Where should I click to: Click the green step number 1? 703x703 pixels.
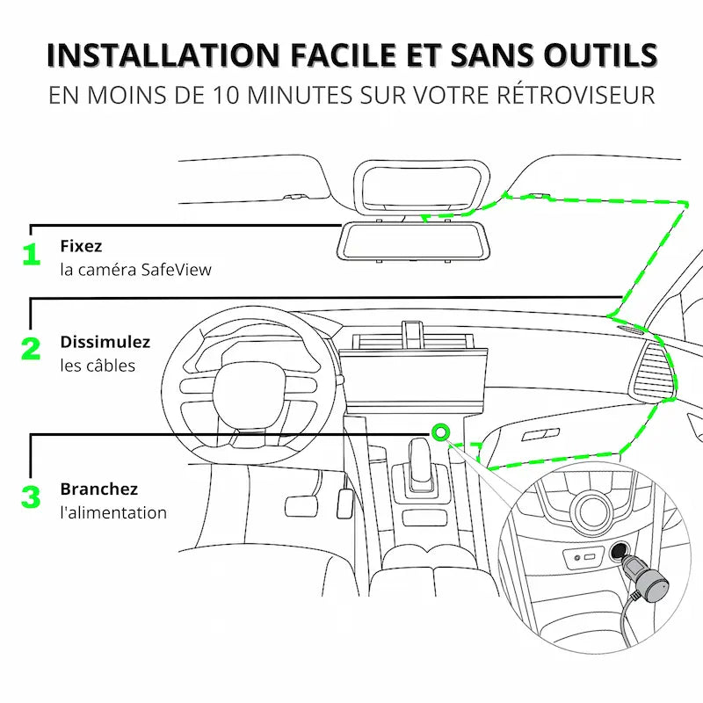tap(32, 254)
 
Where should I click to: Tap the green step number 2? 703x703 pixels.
tap(31, 349)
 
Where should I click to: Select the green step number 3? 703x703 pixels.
tap(31, 496)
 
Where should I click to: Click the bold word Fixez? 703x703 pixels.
tap(81, 246)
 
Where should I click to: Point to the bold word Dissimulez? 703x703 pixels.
tap(105, 342)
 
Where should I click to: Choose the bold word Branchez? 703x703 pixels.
tap(99, 489)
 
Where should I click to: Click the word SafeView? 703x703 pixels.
tap(177, 270)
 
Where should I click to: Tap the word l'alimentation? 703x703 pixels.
tap(113, 512)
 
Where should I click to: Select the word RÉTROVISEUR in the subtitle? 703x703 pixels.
tap(576, 95)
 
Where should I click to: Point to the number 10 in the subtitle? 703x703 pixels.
tap(226, 95)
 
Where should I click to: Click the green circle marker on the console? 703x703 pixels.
tap(440, 432)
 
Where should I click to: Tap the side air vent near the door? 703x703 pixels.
tap(653, 370)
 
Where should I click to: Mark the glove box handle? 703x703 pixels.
tap(540, 434)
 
